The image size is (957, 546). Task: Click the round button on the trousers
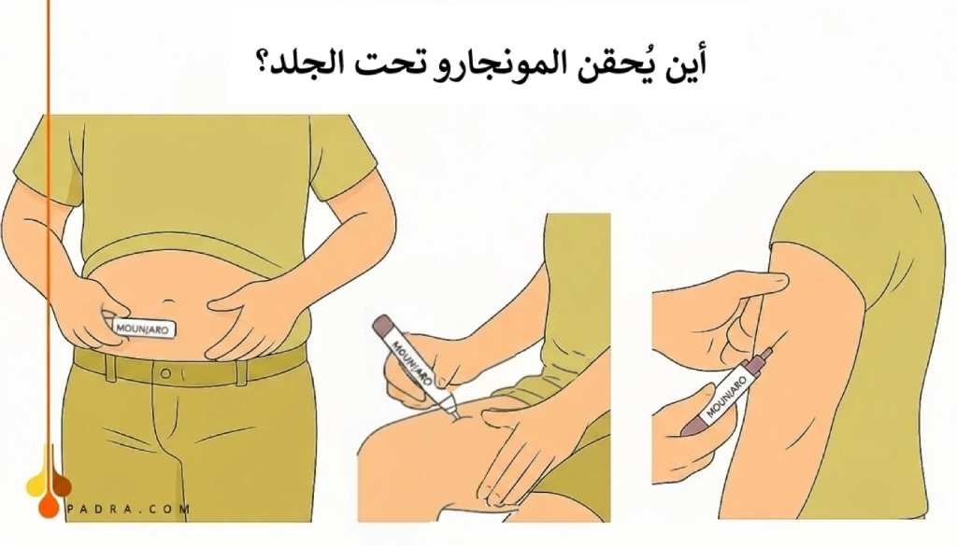pos(166,372)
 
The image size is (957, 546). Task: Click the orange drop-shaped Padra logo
pos(47,482)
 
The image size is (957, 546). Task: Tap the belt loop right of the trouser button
pos(240,371)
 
